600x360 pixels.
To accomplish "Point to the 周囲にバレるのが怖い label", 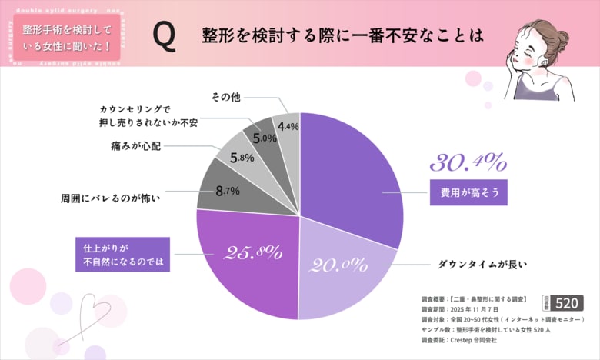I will click(x=111, y=198).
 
